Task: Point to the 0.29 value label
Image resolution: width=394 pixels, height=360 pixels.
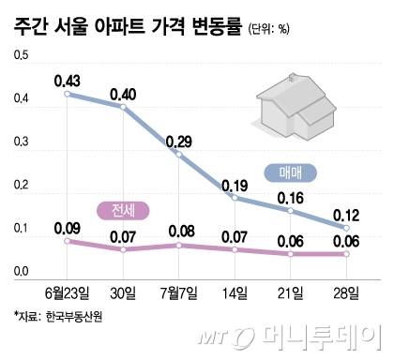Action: coord(179,142)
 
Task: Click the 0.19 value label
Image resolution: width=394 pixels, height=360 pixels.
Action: coord(234,185)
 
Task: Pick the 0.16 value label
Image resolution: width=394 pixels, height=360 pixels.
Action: coord(290,198)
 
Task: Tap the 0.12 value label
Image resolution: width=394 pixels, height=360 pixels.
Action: coord(346,214)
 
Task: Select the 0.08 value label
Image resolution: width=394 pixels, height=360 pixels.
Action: coord(178,231)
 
